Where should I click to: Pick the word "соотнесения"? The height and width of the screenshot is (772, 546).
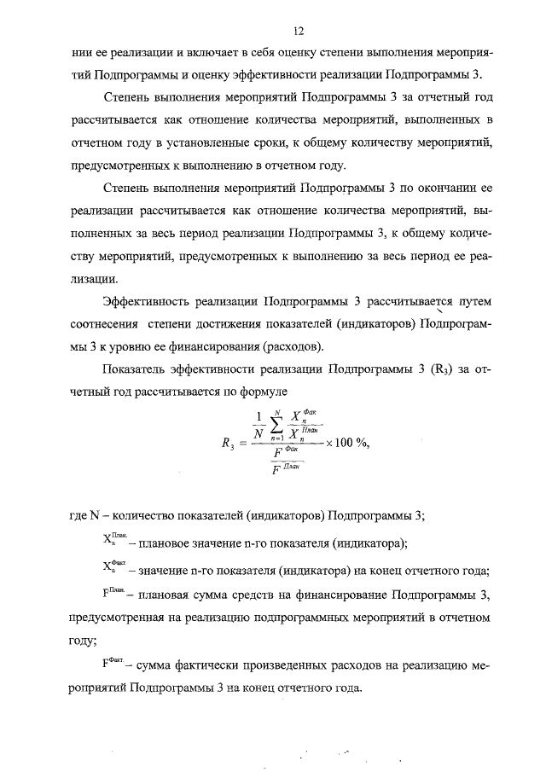click(x=102, y=324)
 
